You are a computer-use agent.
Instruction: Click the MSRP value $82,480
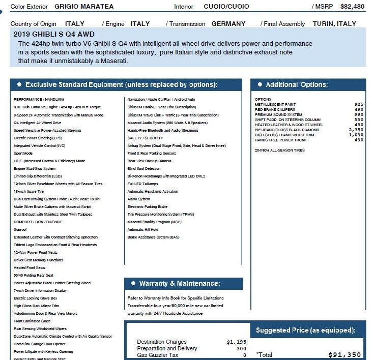[352, 7]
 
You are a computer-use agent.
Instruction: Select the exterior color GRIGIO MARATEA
[84, 7]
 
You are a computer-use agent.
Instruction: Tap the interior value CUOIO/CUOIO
[226, 7]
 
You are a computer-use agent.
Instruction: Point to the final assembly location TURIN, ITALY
[334, 24]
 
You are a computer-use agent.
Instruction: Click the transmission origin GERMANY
[228, 24]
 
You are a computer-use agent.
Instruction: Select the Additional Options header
[297, 84]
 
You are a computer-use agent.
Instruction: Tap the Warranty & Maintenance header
[180, 283]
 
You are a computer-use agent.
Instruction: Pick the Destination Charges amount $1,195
[236, 342]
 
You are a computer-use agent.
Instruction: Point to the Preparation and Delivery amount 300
[241, 349]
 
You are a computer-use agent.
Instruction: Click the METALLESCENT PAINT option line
[275, 105]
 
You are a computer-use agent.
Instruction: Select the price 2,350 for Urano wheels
[356, 130]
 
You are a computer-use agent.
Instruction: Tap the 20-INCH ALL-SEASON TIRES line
[280, 151]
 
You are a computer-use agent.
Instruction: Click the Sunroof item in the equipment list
[20, 230]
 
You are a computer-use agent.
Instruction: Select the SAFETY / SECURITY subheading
[146, 138]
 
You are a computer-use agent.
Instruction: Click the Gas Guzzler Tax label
[158, 355]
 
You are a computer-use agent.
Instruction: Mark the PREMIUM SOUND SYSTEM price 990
[359, 115]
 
